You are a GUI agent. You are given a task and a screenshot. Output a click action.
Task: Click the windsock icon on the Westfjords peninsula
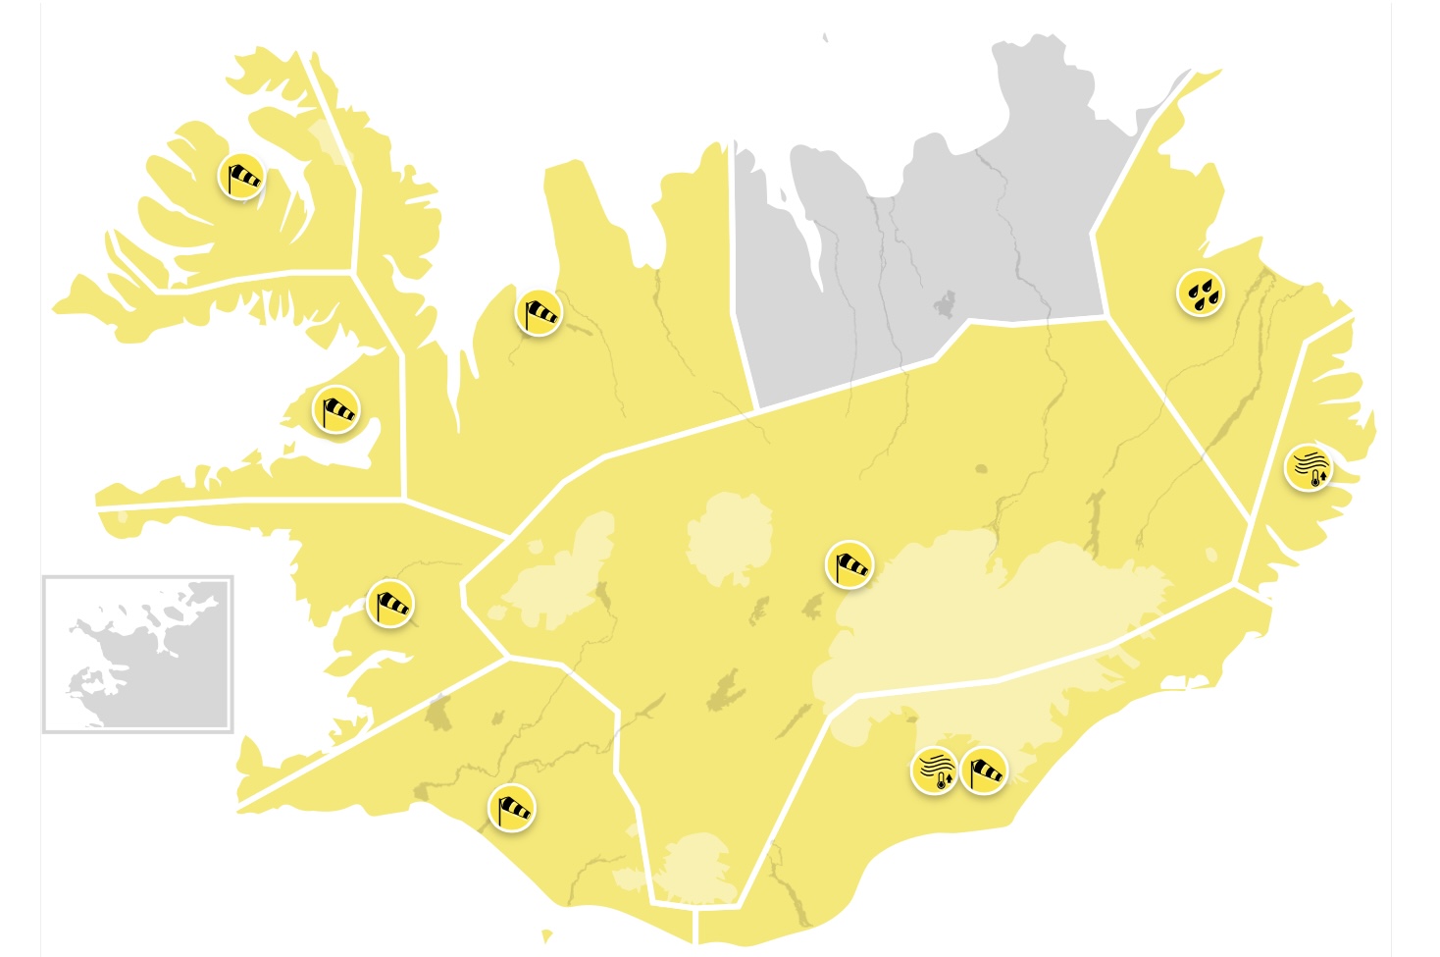tap(241, 177)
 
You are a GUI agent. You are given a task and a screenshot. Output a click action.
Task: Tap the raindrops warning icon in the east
tap(1201, 292)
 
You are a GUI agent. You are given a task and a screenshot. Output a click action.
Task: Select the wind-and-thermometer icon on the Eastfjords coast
tap(1310, 467)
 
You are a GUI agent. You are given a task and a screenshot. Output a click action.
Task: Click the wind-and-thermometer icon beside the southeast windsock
tap(934, 771)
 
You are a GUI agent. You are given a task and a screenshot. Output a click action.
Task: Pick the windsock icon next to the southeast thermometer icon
tap(984, 771)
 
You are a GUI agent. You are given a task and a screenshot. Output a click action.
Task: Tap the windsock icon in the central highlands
tap(849, 564)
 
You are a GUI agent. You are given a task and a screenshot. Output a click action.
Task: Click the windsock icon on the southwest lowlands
tap(512, 808)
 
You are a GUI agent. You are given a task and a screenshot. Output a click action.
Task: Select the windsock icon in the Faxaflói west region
tap(390, 604)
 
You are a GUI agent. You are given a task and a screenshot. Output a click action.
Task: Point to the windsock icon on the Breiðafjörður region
tap(336, 408)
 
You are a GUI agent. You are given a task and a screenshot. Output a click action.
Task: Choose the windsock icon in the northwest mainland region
tap(540, 313)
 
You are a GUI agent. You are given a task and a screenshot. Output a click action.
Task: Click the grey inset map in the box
tap(138, 654)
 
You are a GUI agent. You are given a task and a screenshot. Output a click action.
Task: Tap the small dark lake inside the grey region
tap(945, 304)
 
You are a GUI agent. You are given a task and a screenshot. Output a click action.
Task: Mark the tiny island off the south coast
tap(546, 935)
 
